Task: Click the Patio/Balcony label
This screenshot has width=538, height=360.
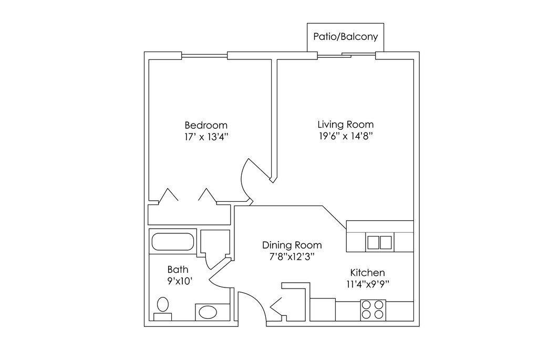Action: point(346,37)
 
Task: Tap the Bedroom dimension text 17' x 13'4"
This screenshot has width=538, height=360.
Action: point(206,137)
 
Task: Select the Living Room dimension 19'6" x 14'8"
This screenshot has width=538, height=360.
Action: point(346,136)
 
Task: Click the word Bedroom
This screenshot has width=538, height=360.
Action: point(206,125)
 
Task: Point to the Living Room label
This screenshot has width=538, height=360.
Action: point(346,124)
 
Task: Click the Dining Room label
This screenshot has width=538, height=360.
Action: point(292,245)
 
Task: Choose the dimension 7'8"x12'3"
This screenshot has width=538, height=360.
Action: point(292,256)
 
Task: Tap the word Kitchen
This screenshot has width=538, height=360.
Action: point(367,273)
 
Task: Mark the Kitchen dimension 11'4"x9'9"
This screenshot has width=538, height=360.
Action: point(367,284)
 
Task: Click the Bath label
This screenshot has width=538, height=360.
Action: point(178,269)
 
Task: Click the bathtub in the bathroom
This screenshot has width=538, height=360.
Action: point(173,242)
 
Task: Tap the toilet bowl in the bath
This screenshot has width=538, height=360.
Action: point(163,304)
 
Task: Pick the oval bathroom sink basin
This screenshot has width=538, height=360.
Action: point(208,312)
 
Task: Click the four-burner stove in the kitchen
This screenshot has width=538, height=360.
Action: point(373,310)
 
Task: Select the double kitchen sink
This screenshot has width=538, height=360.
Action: point(379,242)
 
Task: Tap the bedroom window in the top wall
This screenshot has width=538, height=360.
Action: point(204,55)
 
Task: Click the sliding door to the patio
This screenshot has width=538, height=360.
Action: point(346,55)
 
